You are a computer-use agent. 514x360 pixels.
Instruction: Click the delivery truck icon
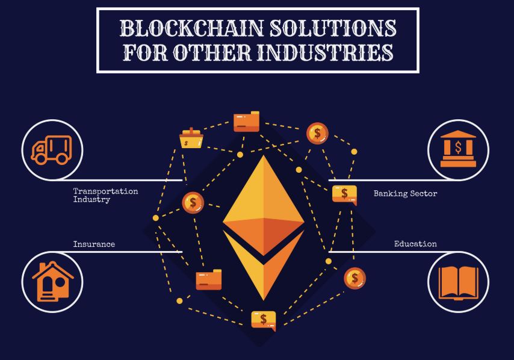coord(51,149)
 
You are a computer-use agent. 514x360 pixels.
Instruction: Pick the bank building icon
coord(458,149)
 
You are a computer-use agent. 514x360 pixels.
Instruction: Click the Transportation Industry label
coord(105,194)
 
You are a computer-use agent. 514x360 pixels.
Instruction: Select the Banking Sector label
coord(405,194)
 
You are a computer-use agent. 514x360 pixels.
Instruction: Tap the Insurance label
coord(94,244)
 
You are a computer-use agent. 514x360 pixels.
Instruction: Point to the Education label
coord(415,244)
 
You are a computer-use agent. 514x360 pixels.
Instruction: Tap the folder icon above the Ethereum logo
coord(246,122)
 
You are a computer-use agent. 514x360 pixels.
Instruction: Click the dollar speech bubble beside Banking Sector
coord(344,194)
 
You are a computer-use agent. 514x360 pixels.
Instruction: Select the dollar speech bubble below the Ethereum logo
coord(263,319)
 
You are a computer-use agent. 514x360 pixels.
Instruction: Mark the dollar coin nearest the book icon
coord(355,278)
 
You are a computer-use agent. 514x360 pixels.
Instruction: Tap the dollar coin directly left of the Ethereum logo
coord(193,202)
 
